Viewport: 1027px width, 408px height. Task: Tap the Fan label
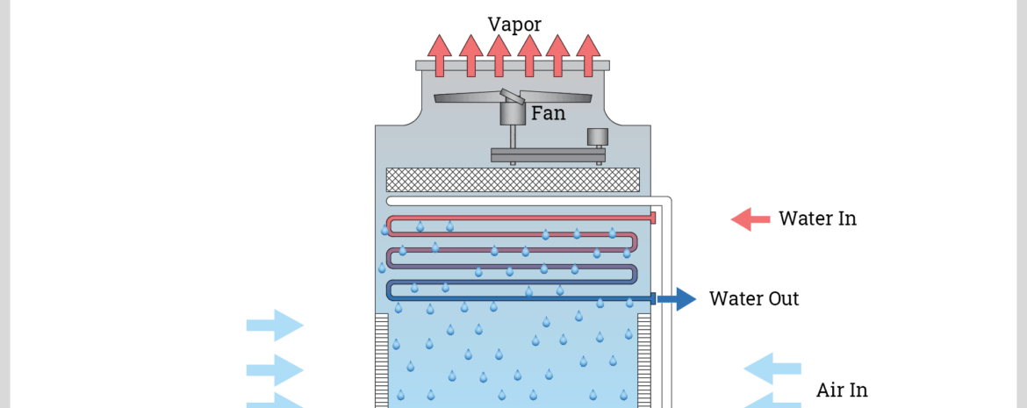point(548,113)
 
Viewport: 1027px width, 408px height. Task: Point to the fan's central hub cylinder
point(512,112)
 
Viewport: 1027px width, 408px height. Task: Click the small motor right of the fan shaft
point(598,136)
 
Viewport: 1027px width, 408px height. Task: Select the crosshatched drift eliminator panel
point(513,179)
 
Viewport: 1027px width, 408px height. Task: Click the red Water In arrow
point(750,219)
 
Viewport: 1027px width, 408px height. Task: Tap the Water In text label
point(817,218)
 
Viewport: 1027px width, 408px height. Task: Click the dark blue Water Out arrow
point(677,299)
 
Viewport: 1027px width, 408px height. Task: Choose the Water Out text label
point(754,298)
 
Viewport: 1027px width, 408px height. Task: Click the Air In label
point(842,390)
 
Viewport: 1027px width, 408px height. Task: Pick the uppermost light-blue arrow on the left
point(275,326)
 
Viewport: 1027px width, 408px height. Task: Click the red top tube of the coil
point(527,218)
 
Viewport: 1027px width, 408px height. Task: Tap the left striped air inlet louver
point(381,360)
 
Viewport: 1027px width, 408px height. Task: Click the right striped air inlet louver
point(644,360)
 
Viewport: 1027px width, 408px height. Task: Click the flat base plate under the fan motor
point(547,155)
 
